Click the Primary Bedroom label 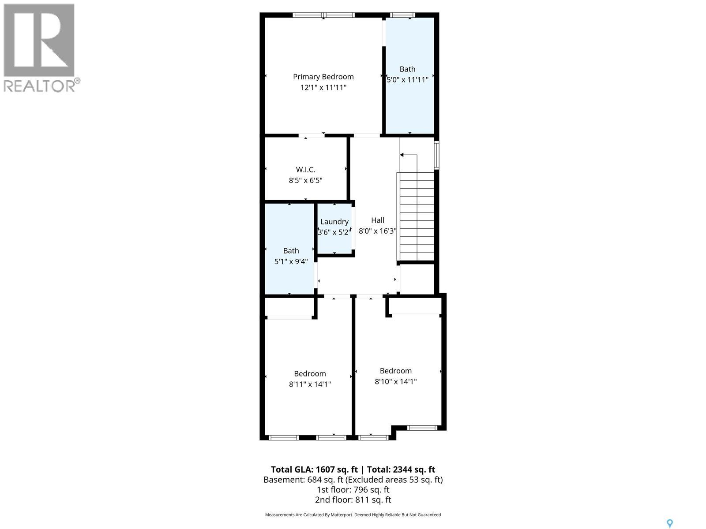pyautogui.click(x=323, y=77)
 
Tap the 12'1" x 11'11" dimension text pyautogui.click(x=323, y=87)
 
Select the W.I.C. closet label pyautogui.click(x=305, y=169)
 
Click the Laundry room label pyautogui.click(x=334, y=222)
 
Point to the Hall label pyautogui.click(x=377, y=220)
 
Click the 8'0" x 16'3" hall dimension pyautogui.click(x=377, y=231)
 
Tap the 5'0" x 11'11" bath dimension pyautogui.click(x=408, y=80)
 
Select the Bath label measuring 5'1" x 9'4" pyautogui.click(x=291, y=251)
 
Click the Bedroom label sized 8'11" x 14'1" pyautogui.click(x=310, y=373)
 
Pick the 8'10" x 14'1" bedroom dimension pyautogui.click(x=396, y=381)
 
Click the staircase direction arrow pyautogui.click(x=402, y=155)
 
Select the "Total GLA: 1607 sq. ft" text pyautogui.click(x=314, y=469)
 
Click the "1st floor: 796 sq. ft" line pyautogui.click(x=353, y=490)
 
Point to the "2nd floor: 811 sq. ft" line pyautogui.click(x=353, y=500)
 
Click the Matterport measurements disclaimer pyautogui.click(x=353, y=515)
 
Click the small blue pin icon pyautogui.click(x=669, y=523)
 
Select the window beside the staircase pyautogui.click(x=436, y=155)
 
